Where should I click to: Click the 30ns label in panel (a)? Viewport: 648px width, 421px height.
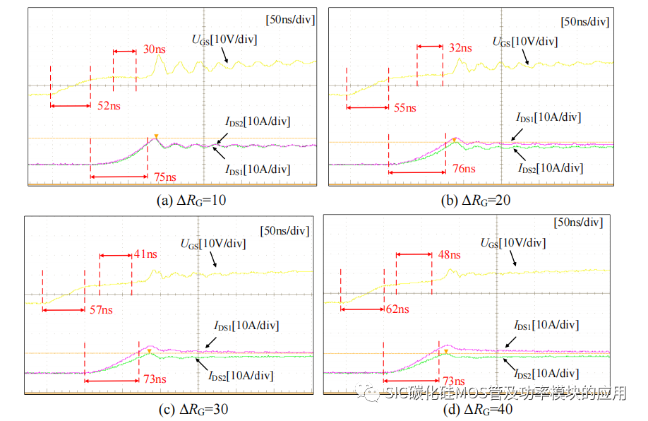(155, 49)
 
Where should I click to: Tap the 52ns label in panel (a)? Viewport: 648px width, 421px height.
(108, 106)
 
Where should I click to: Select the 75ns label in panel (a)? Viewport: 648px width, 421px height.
(164, 177)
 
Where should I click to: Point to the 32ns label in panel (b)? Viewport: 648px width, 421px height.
(460, 48)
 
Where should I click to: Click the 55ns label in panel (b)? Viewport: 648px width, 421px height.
(404, 107)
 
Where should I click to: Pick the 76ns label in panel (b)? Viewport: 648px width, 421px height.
(463, 169)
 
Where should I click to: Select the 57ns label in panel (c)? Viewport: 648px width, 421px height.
(100, 309)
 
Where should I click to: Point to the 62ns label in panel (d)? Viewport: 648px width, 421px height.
(397, 309)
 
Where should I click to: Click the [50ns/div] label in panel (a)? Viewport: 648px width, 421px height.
(290, 20)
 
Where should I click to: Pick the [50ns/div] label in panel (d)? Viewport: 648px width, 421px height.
(578, 223)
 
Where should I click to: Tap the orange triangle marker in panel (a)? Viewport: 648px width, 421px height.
(156, 136)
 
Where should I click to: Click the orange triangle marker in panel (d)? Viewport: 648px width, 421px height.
(445, 351)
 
